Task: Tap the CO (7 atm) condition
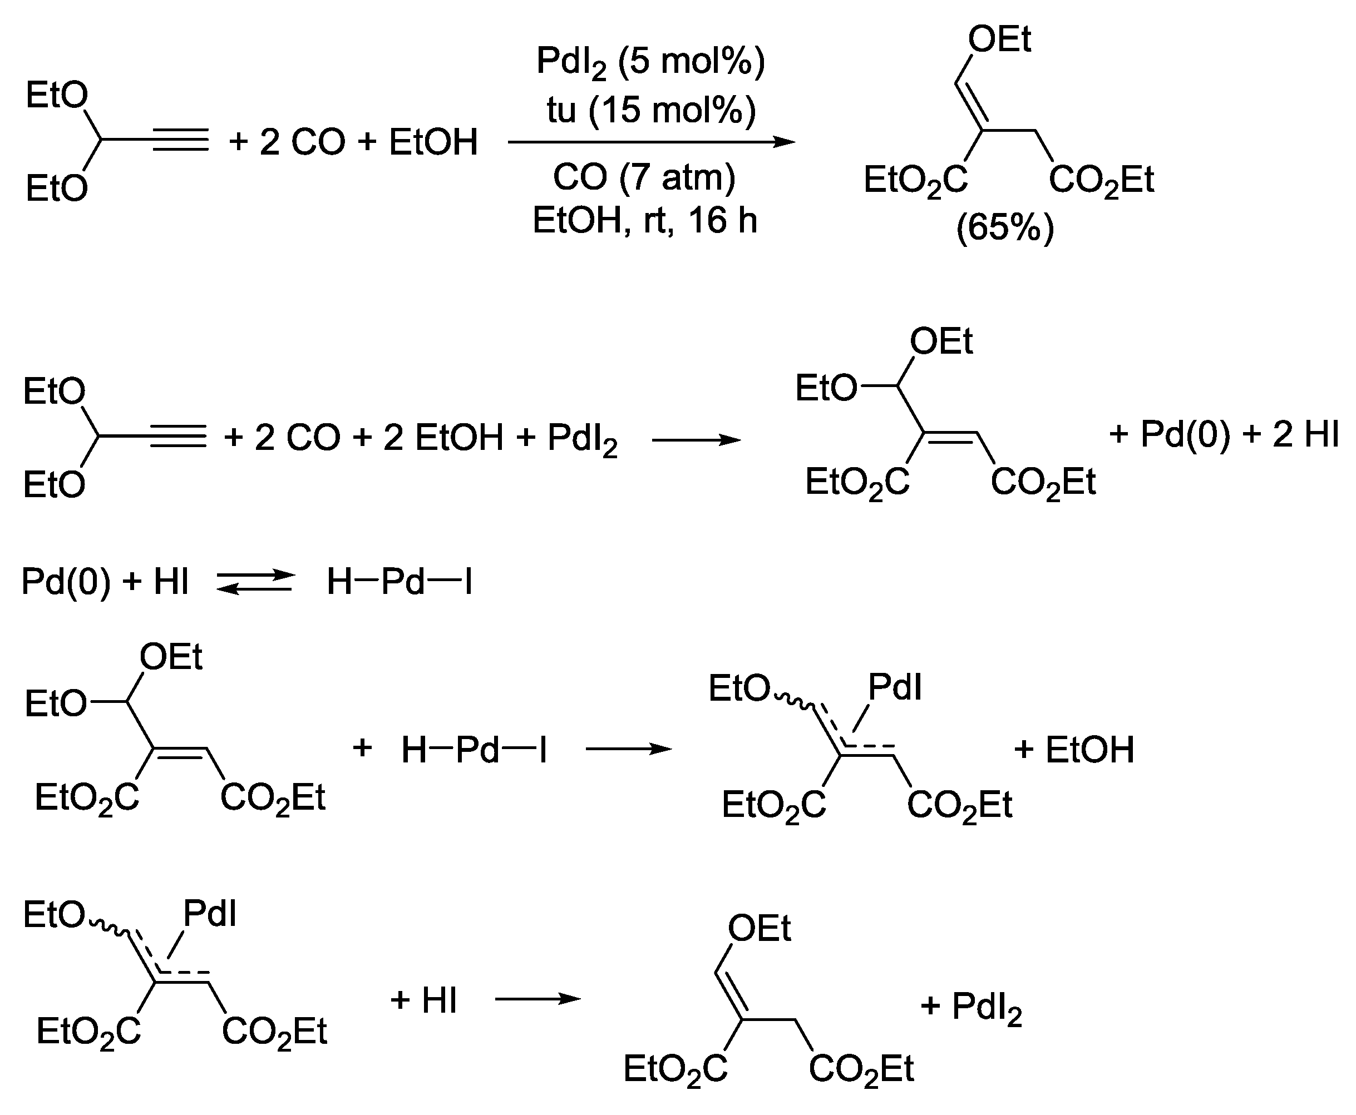644,177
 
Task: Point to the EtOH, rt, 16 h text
644,220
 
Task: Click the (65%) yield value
1005,227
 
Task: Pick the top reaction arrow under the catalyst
650,142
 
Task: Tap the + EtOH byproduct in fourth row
1074,749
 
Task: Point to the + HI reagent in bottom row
423,1000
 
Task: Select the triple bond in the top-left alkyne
181,140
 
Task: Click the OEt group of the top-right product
999,40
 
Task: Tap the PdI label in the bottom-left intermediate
210,913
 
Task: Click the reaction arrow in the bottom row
538,999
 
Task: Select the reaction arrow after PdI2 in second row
696,440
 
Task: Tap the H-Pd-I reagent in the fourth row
474,750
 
